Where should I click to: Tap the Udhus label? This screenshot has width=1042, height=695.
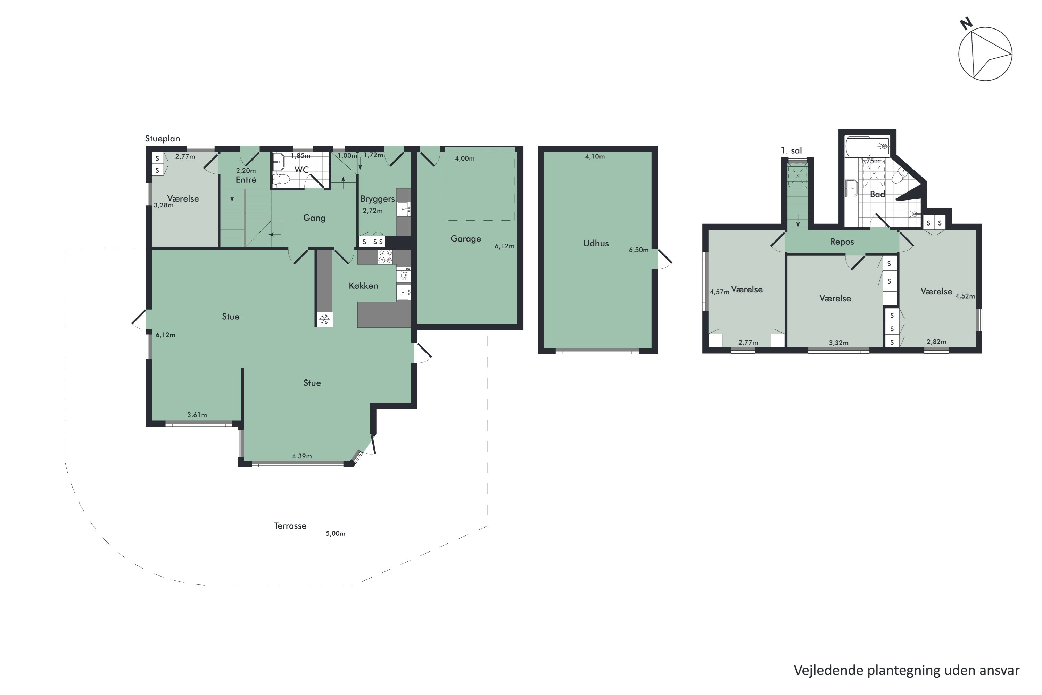596,243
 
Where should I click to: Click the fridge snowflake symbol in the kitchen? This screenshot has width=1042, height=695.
324,319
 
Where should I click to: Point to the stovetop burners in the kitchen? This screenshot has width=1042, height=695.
385,257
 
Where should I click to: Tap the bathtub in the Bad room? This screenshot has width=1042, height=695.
867,146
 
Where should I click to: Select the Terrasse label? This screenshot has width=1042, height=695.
290,526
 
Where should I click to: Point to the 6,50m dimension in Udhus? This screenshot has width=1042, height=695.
638,250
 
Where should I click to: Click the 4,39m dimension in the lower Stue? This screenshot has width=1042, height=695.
302,456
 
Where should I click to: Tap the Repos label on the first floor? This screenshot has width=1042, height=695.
842,242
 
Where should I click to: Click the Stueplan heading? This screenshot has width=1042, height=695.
163,139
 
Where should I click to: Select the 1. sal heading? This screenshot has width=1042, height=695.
791,150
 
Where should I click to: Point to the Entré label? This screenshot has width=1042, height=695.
246,180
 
